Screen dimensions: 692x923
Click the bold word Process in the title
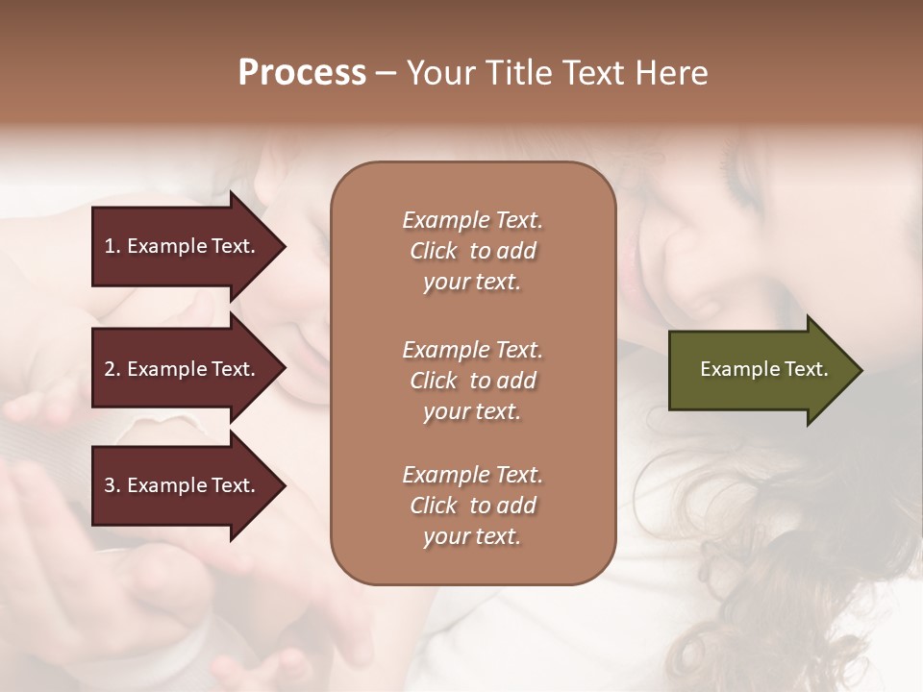tap(302, 73)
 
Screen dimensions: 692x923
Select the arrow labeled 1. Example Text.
tap(183, 246)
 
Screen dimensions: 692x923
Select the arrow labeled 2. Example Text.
tap(183, 369)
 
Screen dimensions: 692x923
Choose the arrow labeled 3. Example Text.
tap(183, 485)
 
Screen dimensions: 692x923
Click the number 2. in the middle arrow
tap(112, 369)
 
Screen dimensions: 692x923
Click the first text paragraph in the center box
tap(472, 251)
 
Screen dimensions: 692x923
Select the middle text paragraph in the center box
tap(472, 381)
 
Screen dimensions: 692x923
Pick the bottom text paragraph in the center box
tap(472, 506)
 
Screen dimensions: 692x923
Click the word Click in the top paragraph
tap(434, 251)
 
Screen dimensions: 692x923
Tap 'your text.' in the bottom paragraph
tap(472, 536)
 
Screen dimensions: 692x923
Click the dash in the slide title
tap(386, 73)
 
